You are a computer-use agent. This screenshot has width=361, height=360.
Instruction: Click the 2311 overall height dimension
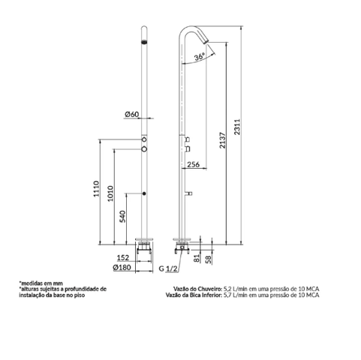(x=237, y=127)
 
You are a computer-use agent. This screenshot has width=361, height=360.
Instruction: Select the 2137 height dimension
(x=223, y=140)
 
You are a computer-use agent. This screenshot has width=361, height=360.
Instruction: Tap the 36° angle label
(x=200, y=57)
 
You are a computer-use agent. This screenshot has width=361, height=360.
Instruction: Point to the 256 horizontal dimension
(x=194, y=164)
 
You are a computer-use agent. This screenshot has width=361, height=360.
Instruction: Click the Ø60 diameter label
(x=131, y=114)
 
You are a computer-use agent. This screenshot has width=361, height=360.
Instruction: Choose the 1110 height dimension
(x=96, y=189)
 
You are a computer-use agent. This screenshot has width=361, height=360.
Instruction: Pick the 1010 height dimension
(x=110, y=193)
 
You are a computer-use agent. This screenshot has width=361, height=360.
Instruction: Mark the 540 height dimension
(x=122, y=217)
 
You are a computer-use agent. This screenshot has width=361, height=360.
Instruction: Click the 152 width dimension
(x=123, y=257)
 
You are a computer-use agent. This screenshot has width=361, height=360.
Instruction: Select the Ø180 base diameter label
(x=122, y=268)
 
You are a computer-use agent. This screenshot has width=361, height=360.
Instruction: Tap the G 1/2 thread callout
(x=168, y=268)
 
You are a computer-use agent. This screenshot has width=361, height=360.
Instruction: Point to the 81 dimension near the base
(x=197, y=258)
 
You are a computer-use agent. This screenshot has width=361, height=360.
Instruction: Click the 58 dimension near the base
(x=208, y=259)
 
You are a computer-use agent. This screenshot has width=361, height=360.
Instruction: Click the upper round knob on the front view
(x=144, y=139)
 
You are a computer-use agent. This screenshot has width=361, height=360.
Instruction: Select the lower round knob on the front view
(x=144, y=149)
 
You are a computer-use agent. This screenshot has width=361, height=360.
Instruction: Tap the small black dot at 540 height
(x=144, y=193)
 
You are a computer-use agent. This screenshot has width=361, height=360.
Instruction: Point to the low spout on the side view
(x=188, y=193)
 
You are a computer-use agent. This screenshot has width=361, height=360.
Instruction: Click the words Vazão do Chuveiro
(x=198, y=289)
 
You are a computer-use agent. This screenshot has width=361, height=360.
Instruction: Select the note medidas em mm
(x=41, y=283)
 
